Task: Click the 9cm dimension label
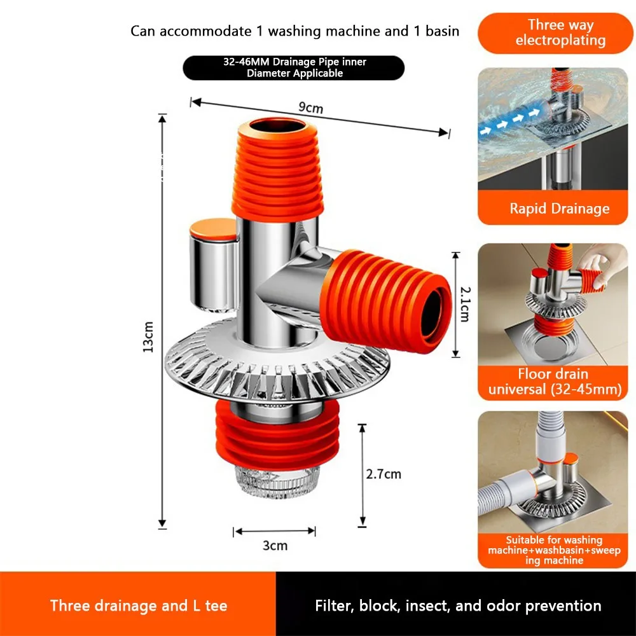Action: pyautogui.click(x=311, y=107)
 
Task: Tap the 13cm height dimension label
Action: pyautogui.click(x=148, y=336)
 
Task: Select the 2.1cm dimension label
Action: pyautogui.click(x=466, y=304)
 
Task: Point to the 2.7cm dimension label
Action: pyautogui.click(x=384, y=474)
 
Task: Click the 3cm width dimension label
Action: pyautogui.click(x=275, y=545)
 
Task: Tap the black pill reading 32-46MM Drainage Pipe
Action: pyautogui.click(x=294, y=68)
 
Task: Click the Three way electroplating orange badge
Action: pyautogui.click(x=555, y=33)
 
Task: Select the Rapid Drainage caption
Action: pyautogui.click(x=559, y=209)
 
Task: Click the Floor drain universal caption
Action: pyautogui.click(x=555, y=381)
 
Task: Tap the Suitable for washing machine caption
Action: pyautogui.click(x=554, y=550)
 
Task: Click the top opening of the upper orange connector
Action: pyautogui.click(x=278, y=126)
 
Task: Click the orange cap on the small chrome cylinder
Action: pyautogui.click(x=213, y=229)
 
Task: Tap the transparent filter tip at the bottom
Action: pyautogui.click(x=278, y=482)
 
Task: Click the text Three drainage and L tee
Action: pyautogui.click(x=139, y=605)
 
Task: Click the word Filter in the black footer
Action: pyautogui.click(x=332, y=605)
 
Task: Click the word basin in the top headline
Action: pyautogui.click(x=442, y=31)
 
